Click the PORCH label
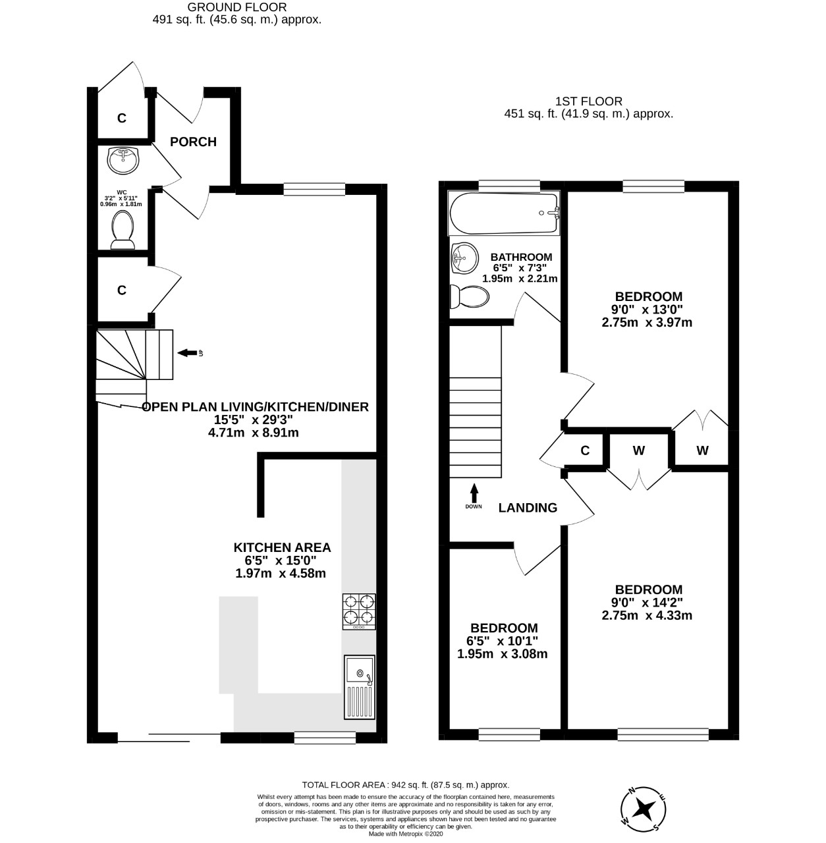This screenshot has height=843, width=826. [193, 142]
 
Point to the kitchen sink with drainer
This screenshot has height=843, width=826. [359, 687]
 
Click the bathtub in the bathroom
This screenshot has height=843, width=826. [504, 213]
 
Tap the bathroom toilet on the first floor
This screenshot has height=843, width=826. [469, 297]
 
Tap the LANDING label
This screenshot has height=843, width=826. [528, 508]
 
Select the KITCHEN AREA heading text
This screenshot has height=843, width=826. [282, 547]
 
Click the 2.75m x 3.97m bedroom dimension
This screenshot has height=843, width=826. [647, 323]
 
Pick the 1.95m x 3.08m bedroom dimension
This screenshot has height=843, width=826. [502, 654]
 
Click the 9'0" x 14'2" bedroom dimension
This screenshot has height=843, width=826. [647, 603]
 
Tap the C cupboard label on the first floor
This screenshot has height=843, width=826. [584, 451]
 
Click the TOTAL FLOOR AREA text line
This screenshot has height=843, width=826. [405, 784]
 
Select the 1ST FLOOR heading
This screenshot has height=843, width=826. [588, 101]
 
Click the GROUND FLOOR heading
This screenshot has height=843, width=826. [236, 7]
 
